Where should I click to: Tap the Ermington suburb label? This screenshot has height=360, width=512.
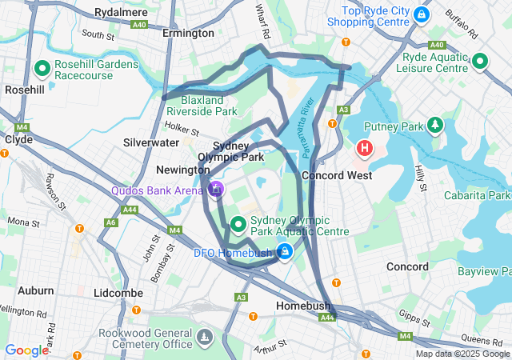[188, 34]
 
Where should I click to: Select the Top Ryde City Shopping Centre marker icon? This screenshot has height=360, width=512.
[422, 14]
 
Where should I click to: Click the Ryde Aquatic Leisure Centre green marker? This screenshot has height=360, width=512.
[480, 61]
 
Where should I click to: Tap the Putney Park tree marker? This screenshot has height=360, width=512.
[434, 125]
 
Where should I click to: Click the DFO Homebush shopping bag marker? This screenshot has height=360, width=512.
[285, 252]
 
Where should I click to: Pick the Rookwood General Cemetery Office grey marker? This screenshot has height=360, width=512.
[206, 337]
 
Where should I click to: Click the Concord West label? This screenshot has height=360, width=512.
[336, 175]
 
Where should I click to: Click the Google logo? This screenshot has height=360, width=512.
[26, 350]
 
